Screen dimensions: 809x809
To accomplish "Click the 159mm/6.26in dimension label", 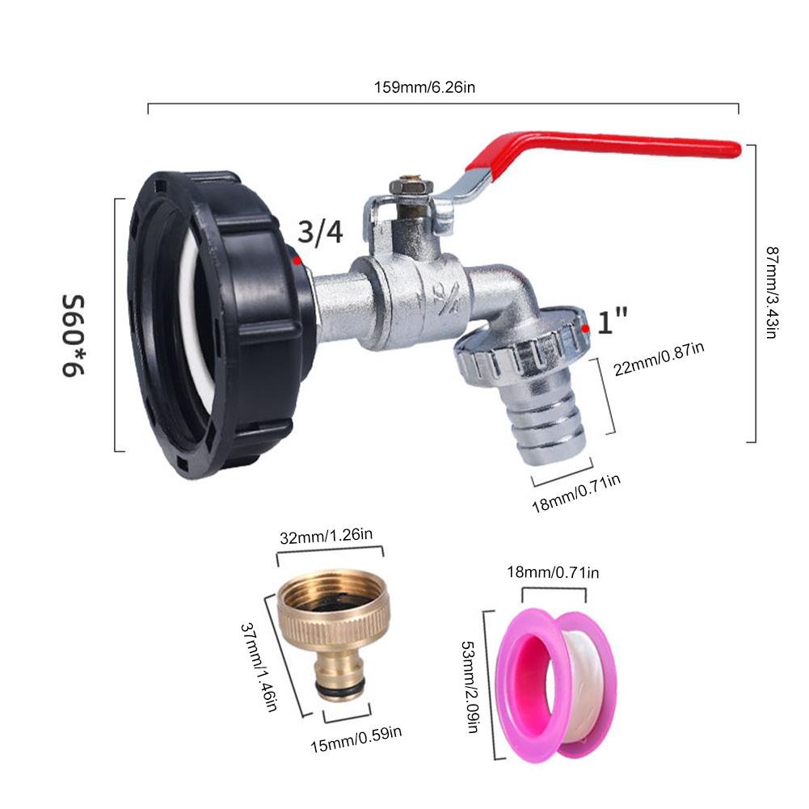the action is (x=424, y=87).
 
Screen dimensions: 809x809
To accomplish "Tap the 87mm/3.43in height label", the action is (x=772, y=292).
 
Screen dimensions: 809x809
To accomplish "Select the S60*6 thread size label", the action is (x=73, y=336).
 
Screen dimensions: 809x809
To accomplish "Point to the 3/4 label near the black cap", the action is (x=320, y=232).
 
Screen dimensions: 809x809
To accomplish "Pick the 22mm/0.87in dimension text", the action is (x=659, y=359).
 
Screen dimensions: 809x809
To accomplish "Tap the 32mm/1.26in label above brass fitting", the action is (x=326, y=536).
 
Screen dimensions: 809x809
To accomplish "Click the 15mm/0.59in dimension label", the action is (x=356, y=739).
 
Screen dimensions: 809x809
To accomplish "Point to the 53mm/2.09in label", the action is (x=470, y=687).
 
